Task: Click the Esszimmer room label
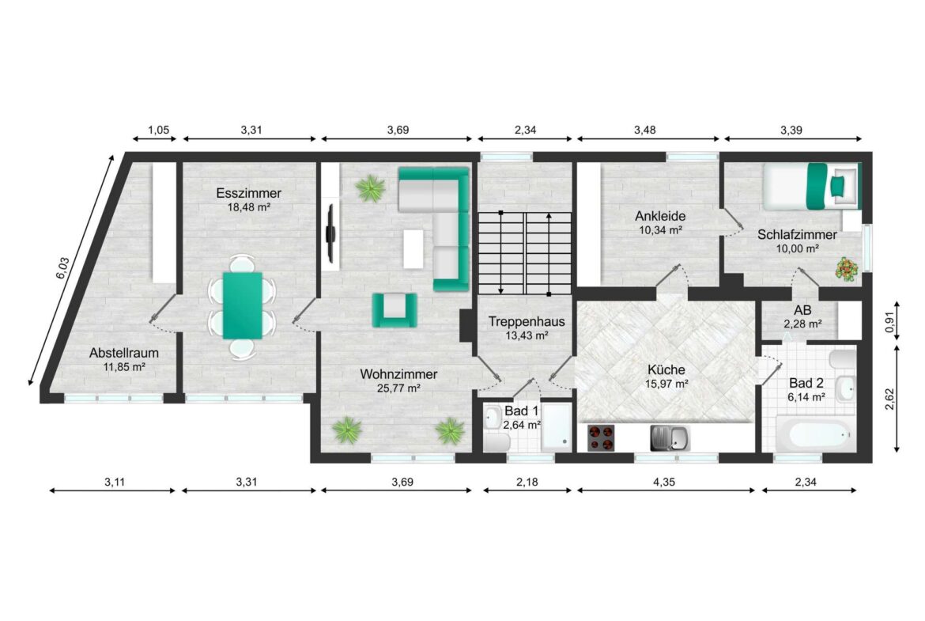(248, 193)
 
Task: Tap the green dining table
(243, 305)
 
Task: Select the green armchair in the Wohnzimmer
(394, 310)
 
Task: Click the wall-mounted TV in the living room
(331, 233)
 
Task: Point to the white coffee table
(413, 248)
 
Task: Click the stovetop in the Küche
(601, 438)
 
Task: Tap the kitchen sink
(670, 438)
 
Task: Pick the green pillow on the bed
(837, 186)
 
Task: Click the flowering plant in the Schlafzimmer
(848, 269)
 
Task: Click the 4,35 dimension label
(664, 483)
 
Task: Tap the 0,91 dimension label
(889, 322)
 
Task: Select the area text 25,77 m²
(398, 388)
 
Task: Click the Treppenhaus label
(527, 322)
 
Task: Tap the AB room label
(802, 310)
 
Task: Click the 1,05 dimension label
(159, 131)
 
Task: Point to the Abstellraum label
(124, 353)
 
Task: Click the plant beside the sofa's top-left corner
(371, 188)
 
